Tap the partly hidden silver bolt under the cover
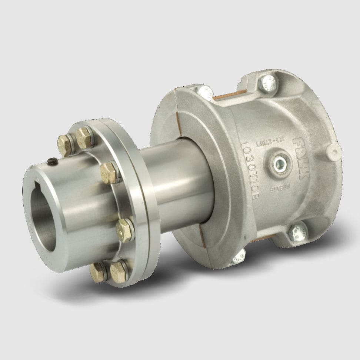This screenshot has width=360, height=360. pos(237,258)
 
